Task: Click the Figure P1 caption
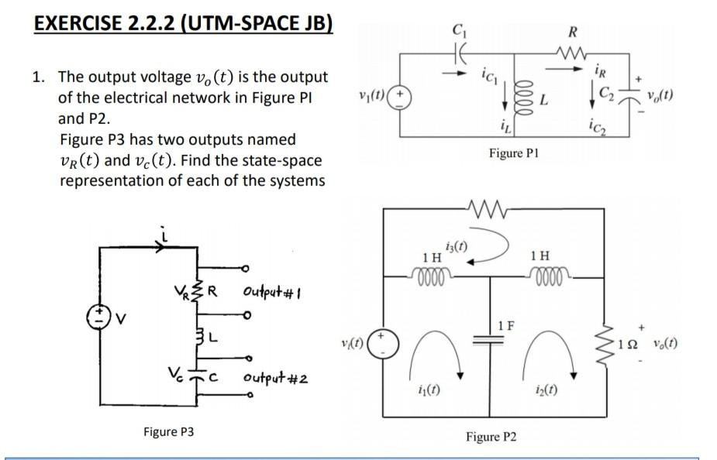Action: (513, 153)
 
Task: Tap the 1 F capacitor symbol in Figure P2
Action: (489, 339)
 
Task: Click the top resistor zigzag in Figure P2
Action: (487, 209)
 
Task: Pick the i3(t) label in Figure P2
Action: (456, 247)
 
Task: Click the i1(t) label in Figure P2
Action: (429, 390)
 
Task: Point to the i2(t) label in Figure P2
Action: (546, 390)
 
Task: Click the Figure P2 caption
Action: (491, 437)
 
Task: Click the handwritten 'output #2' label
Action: (275, 378)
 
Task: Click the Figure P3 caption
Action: (169, 431)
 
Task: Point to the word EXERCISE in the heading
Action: (78, 23)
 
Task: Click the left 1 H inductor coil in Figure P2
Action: (430, 276)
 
